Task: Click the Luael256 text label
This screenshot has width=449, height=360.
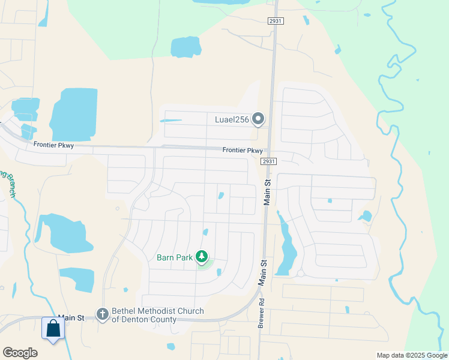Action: (232, 119)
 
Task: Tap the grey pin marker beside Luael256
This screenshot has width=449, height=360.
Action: (258, 119)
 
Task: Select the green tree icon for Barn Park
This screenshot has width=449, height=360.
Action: (202, 257)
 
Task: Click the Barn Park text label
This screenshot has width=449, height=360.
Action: (175, 257)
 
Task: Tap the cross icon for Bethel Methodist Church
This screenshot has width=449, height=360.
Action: (103, 314)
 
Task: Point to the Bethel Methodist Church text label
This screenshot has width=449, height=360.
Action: (158, 315)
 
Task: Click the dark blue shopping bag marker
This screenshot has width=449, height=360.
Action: (53, 329)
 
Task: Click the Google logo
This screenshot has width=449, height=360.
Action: (20, 353)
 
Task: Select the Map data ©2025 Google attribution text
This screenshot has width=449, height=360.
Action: (411, 355)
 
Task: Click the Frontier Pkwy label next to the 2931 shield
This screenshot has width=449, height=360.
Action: (243, 151)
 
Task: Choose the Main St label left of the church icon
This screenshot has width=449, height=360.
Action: (70, 318)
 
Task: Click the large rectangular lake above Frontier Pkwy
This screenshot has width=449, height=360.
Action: (74, 113)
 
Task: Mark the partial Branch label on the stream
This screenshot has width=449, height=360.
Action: (8, 183)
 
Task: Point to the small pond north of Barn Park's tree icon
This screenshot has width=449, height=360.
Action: (205, 232)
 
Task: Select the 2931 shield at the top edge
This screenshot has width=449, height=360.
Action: (276, 21)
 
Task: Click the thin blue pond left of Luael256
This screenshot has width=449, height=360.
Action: (170, 121)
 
